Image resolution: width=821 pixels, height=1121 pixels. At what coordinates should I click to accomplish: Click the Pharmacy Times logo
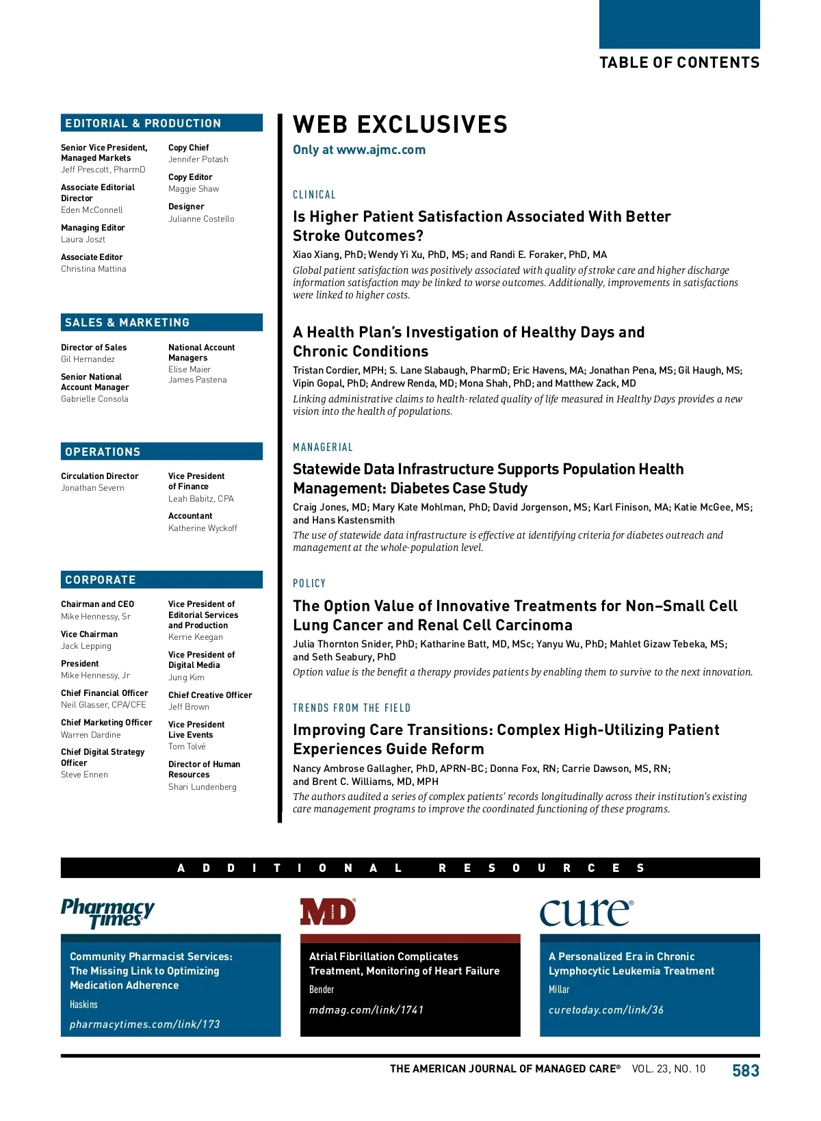point(108,913)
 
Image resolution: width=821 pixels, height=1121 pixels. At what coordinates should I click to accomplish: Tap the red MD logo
point(328,912)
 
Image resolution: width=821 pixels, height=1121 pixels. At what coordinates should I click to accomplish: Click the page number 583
point(745,1070)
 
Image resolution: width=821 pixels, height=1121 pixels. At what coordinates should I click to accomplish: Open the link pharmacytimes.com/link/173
point(145,1024)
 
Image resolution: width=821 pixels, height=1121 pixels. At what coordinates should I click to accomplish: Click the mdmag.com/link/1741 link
point(366,1009)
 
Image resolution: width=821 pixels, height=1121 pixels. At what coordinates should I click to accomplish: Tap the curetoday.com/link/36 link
point(605,1009)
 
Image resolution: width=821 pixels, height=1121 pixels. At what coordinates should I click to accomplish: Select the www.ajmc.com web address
point(380,150)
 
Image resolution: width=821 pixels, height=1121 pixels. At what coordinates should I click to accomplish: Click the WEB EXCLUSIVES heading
point(400,125)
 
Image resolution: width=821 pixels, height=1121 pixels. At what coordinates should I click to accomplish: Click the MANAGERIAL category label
point(323,448)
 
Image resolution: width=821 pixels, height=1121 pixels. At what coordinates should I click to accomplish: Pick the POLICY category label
point(309,584)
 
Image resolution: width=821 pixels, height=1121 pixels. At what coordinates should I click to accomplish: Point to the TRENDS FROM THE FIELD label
point(352,708)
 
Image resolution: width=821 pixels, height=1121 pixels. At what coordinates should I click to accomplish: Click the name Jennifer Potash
point(198,159)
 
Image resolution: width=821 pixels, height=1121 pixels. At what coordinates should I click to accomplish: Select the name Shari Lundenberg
point(203,787)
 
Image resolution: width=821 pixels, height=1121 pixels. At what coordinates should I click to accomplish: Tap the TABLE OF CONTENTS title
point(679,63)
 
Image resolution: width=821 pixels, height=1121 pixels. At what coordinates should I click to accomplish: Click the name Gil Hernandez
point(88,359)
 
